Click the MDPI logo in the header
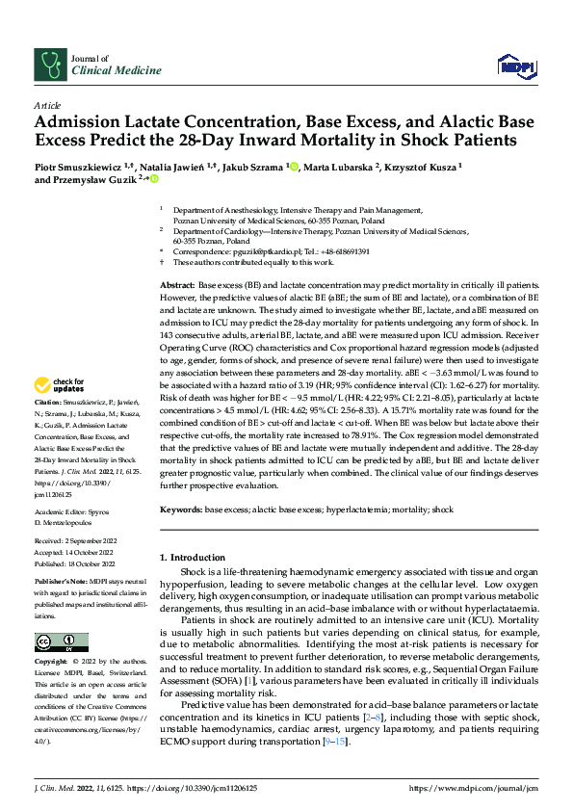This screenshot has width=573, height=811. [514, 65]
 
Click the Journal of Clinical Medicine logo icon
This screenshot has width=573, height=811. [49, 65]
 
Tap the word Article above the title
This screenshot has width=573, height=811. [47, 104]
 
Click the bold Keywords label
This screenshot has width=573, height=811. [180, 509]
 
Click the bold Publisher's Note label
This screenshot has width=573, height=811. [60, 582]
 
